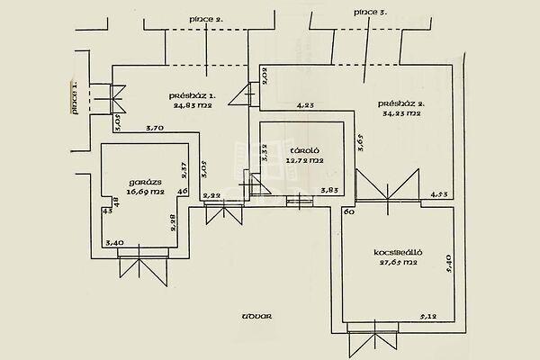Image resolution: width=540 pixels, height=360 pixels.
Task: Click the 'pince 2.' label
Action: tap(206, 18)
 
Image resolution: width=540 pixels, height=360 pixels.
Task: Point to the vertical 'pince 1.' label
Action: tap(75, 97)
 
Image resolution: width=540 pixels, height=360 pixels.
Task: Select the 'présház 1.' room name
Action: tap(193, 96)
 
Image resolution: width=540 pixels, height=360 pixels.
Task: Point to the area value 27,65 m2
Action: tap(396, 264)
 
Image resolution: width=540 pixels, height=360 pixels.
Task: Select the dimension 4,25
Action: tap(306, 105)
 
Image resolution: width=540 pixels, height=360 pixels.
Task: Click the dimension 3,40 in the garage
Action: tap(115, 242)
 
